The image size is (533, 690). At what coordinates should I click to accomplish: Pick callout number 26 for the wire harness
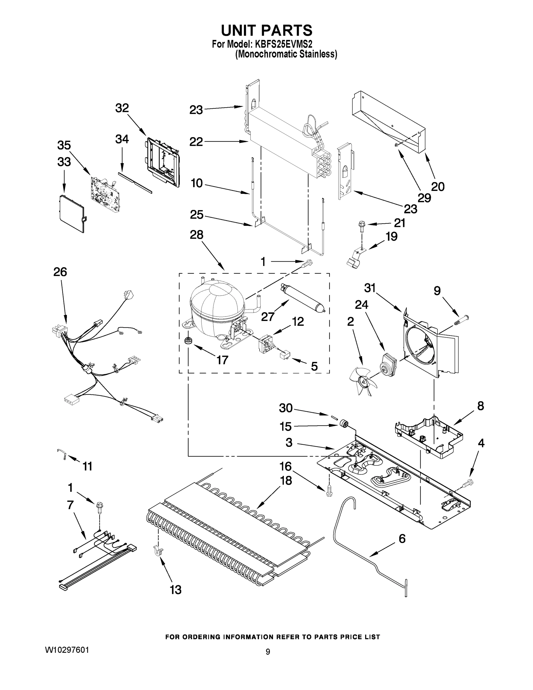60,272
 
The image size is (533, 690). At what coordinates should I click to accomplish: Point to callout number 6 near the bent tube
402,538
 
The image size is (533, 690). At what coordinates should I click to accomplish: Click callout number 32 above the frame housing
122,108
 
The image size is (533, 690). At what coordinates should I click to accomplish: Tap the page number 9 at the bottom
268,652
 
